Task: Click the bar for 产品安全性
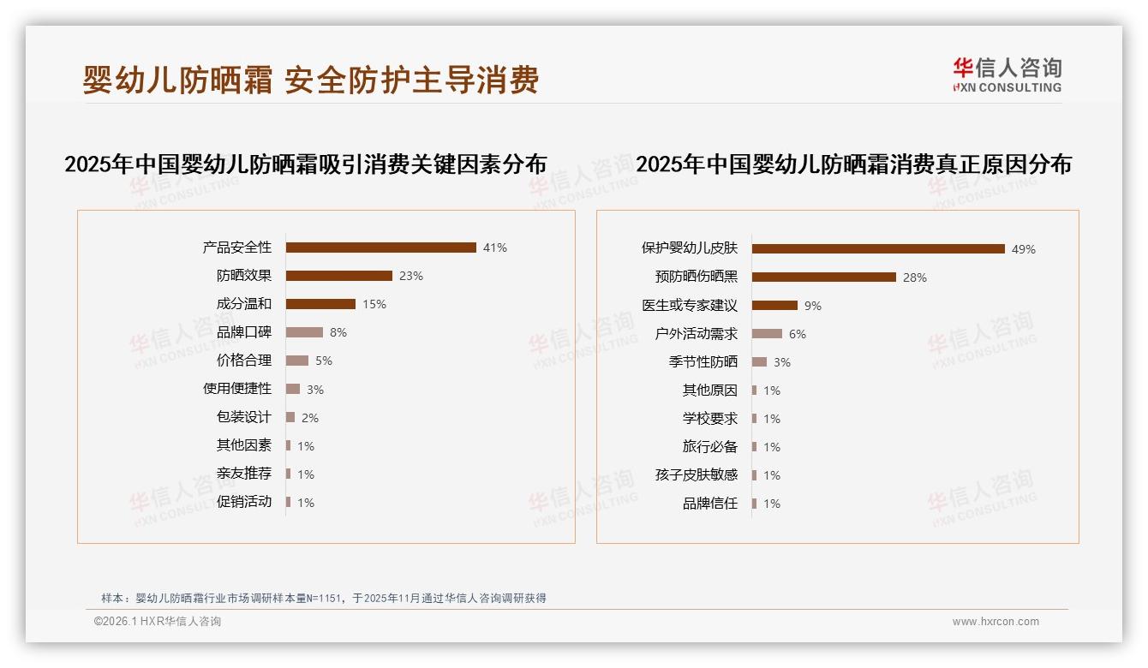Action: click(380, 248)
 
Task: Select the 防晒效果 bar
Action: click(338, 276)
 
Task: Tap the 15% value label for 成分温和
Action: click(374, 304)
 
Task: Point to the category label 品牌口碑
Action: click(243, 332)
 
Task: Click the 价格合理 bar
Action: click(296, 361)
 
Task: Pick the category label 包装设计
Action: click(243, 417)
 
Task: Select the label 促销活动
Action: click(243, 502)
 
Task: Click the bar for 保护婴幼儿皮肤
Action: click(878, 249)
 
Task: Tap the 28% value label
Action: click(915, 277)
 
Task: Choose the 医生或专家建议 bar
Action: click(774, 306)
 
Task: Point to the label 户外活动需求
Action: click(696, 334)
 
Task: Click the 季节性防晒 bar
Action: click(759, 362)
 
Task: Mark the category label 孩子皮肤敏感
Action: click(696, 475)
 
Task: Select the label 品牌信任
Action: click(709, 504)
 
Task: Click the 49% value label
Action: click(1024, 249)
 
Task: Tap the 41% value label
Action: click(495, 248)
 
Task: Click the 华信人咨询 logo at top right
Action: click(1007, 75)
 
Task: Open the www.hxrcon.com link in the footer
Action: click(996, 622)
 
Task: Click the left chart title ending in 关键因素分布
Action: click(305, 164)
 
